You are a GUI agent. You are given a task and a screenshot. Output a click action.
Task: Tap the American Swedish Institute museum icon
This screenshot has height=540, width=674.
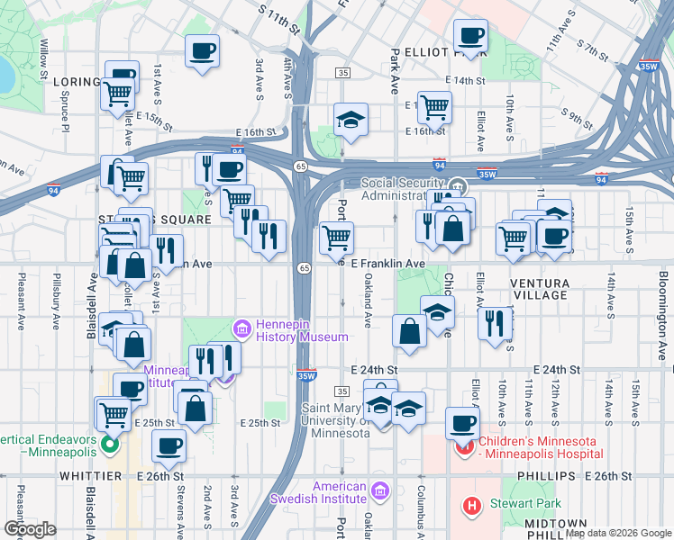[379, 491]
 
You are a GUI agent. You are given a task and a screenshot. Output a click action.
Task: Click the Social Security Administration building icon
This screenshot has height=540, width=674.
[458, 185]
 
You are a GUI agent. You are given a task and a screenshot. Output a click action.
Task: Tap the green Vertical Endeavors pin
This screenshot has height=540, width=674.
[110, 443]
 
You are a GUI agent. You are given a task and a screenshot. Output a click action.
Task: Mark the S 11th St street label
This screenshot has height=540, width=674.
[278, 16]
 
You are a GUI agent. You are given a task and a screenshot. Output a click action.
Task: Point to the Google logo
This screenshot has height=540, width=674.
[30, 528]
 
